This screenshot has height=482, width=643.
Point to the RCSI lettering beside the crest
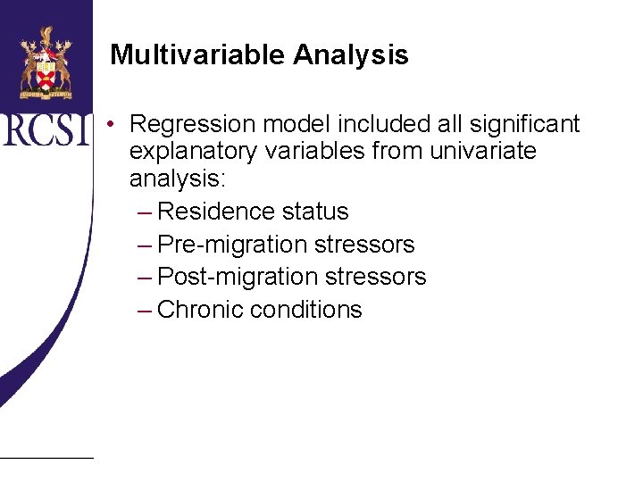tap(46, 129)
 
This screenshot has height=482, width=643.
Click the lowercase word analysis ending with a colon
tap(179, 179)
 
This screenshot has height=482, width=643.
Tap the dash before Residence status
tap(145, 212)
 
